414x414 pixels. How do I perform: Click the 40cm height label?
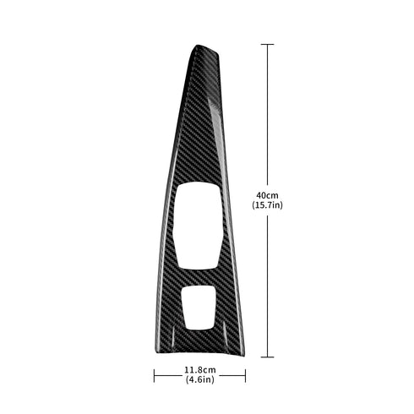point(266,196)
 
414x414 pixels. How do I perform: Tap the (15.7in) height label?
point(266,206)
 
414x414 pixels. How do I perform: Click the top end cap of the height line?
point(269,44)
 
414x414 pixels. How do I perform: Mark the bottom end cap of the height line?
point(269,357)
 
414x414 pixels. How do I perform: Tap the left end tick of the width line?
point(154,374)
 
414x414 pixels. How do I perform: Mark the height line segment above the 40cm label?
point(269,118)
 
